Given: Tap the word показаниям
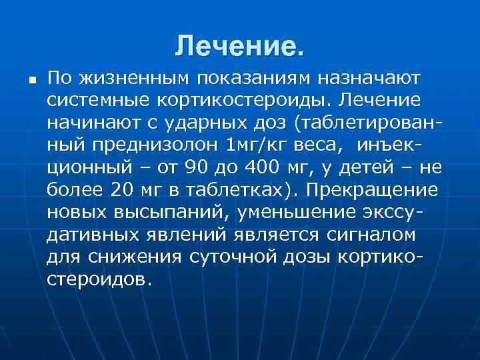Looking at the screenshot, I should [255, 79].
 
